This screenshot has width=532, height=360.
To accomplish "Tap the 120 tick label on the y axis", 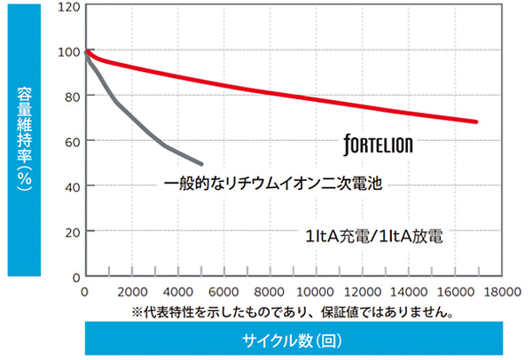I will pos(67,6).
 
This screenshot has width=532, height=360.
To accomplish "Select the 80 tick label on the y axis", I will pos(70,96).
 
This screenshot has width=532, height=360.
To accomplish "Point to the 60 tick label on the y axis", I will pos(70,141).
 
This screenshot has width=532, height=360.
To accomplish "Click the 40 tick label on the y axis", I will pos(70,186).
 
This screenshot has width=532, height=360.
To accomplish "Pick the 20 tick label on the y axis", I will pos(70,231).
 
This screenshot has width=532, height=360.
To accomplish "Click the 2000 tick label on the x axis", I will pos(130,293).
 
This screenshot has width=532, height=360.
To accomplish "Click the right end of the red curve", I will pos(476,121).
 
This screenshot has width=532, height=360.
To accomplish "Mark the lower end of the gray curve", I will pos(201,163).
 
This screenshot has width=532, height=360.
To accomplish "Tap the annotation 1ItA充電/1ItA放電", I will pos(374,237).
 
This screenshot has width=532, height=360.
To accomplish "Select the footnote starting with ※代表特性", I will pos(293,312).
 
